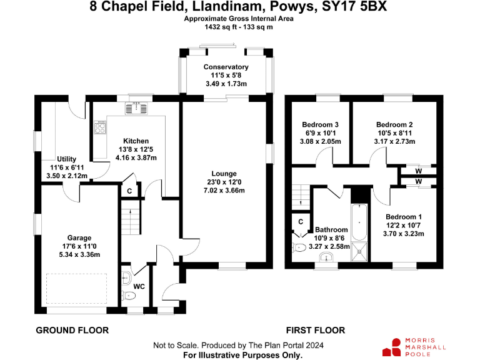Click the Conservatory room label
point(226,67)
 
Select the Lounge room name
point(224,173)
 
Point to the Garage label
point(79,237)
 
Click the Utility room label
point(66,159)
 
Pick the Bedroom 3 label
point(320,124)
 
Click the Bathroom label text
point(331,230)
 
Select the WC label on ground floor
point(139,286)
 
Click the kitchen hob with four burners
point(99,128)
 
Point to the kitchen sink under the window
point(138,108)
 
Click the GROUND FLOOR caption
point(72,330)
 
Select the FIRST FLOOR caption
point(315,330)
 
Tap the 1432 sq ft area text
point(215,27)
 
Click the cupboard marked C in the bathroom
point(300,221)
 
